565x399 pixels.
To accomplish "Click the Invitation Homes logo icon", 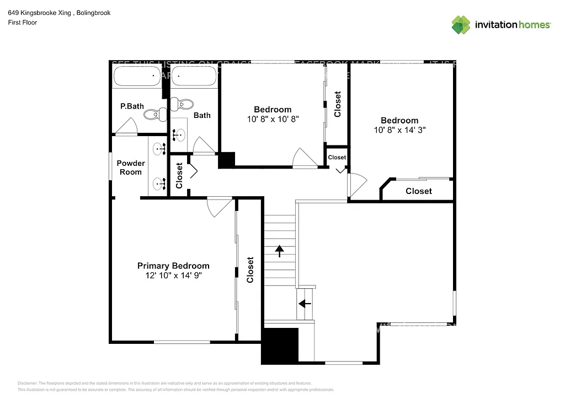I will coord(461,25).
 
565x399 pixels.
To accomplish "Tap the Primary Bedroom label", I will coord(173,266).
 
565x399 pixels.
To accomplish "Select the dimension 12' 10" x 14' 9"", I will coord(173,275).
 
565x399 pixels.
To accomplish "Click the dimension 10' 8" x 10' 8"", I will coord(273,119).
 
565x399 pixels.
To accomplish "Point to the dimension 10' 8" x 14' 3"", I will coord(399,130).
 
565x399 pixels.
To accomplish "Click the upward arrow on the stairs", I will coord(280,251).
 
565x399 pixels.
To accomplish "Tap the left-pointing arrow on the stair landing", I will coord(305,303).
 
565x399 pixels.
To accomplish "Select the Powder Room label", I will coord(131,168).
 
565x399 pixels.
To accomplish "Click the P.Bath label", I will coord(132,106).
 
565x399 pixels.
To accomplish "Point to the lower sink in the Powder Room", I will coord(160,184).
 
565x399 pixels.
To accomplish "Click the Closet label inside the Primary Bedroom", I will coord(250,270).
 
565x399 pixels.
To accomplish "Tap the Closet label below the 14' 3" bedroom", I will coord(419,191).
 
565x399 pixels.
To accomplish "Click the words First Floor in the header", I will coord(23,23).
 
